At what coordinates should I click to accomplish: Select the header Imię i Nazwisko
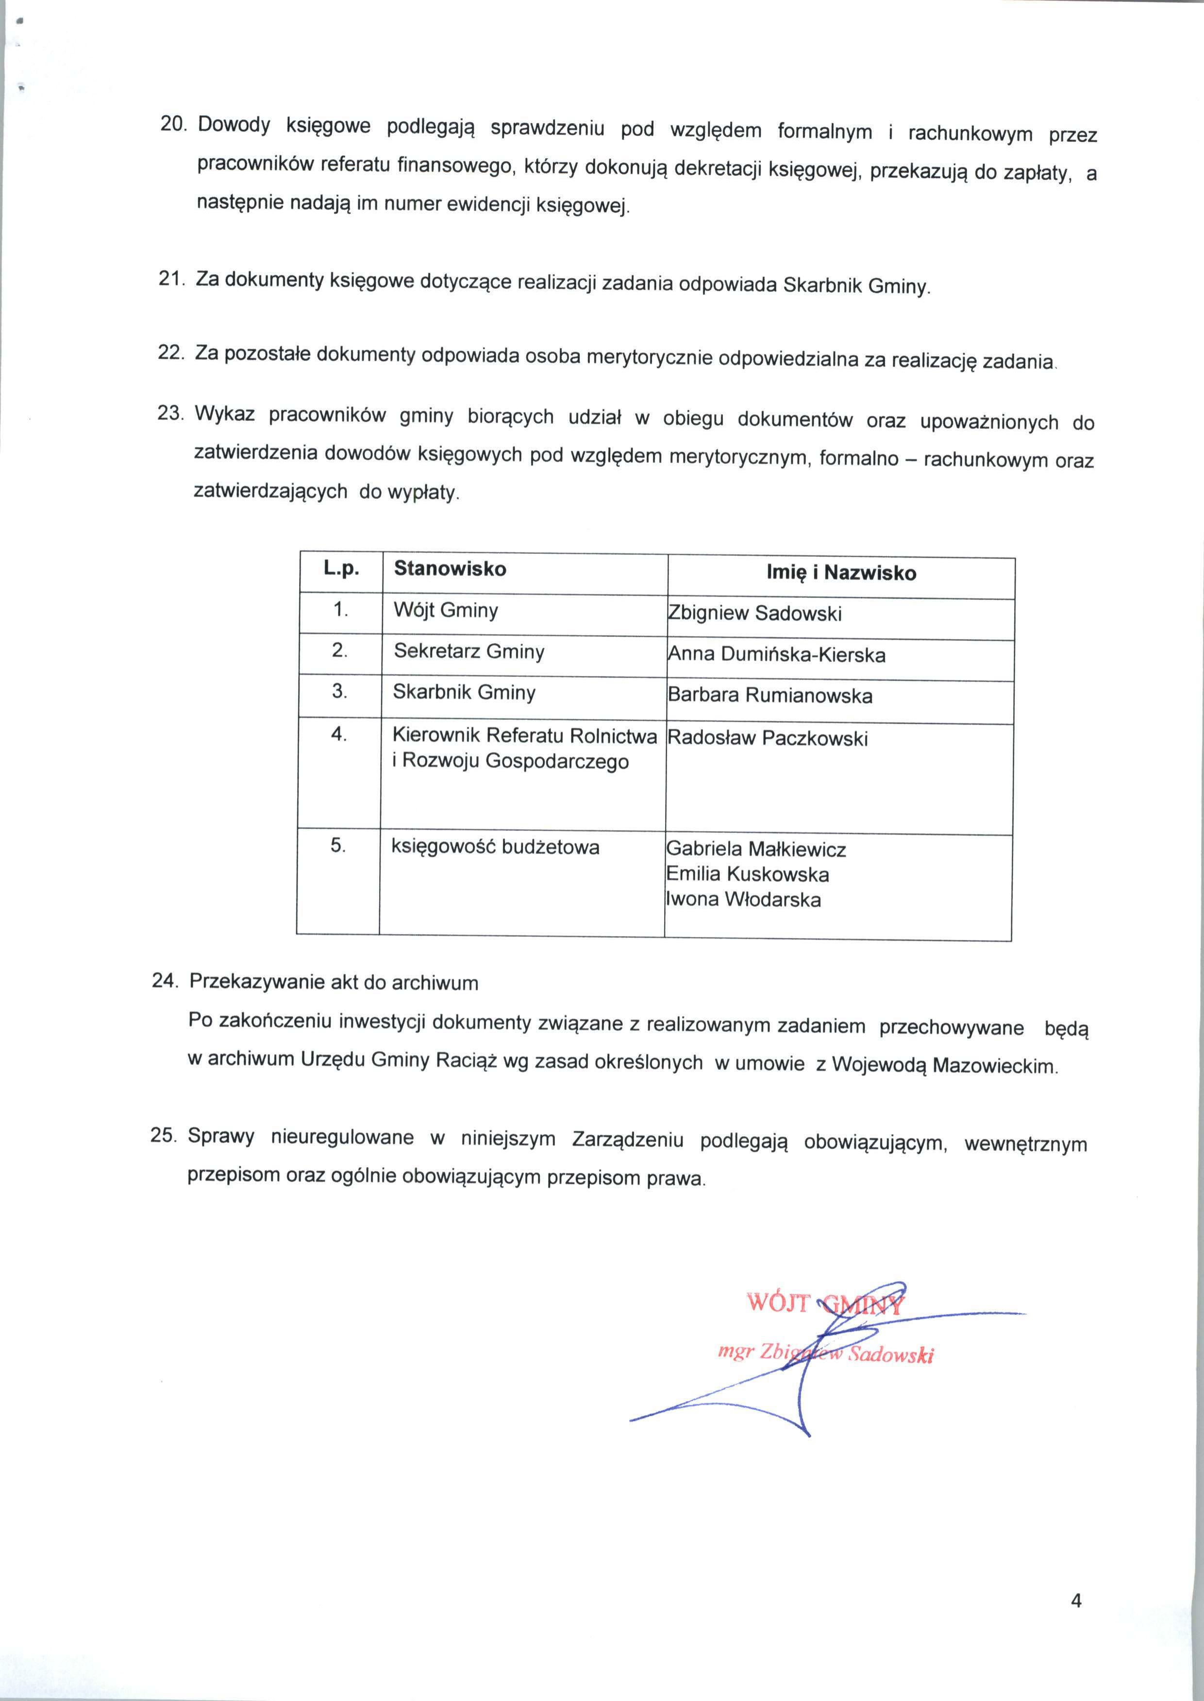841,573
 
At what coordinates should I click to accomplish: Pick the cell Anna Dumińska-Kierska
776,654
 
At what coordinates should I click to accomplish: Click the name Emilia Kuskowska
747,875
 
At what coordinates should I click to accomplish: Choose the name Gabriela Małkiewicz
756,850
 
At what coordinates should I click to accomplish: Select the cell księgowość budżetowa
495,847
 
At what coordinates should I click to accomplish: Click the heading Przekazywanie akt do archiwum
334,983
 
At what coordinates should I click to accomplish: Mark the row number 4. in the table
339,735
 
